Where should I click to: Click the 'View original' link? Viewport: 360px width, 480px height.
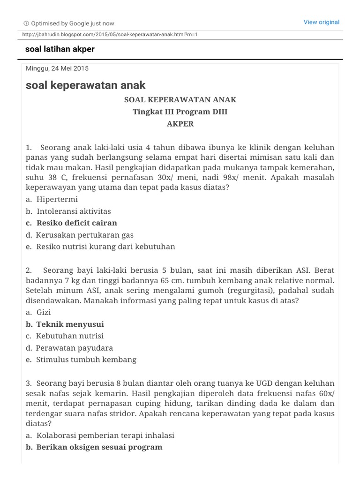point(321,22)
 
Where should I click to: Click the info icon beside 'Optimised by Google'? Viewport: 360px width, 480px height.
point(26,23)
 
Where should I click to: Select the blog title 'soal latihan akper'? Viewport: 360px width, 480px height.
point(60,49)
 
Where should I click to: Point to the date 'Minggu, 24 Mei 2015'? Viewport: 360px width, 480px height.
point(57,68)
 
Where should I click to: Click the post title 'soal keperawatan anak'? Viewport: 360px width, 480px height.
point(85,85)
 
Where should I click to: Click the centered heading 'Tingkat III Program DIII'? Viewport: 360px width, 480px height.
point(180,112)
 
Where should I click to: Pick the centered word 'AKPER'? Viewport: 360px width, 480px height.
point(180,124)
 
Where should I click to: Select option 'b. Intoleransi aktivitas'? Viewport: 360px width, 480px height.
point(68,211)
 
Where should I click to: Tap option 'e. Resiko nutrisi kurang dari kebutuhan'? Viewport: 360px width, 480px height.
point(100,247)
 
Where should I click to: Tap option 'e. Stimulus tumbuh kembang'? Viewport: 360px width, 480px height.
point(81,360)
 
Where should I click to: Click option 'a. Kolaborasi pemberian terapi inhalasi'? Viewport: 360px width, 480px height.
point(100,435)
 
